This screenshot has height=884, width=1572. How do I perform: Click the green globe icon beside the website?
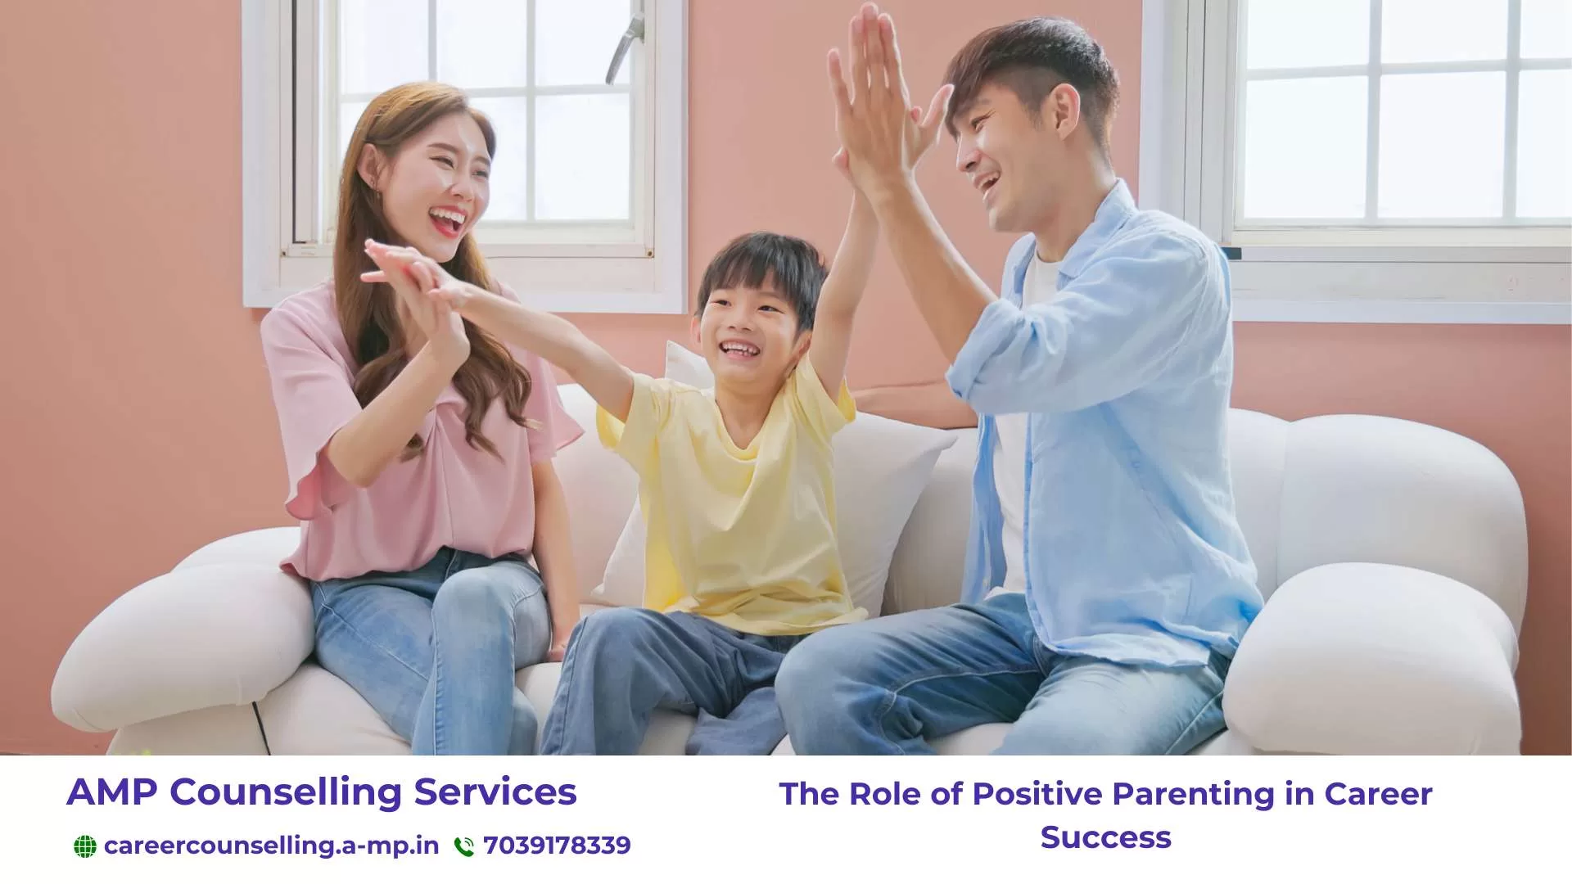coord(84,846)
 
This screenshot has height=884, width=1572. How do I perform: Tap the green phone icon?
coord(464,846)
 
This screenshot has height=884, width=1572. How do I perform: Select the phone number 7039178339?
coord(557,846)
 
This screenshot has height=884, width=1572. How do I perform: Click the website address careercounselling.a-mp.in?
coord(271,846)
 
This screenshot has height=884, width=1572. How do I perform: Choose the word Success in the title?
coord(1105,837)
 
